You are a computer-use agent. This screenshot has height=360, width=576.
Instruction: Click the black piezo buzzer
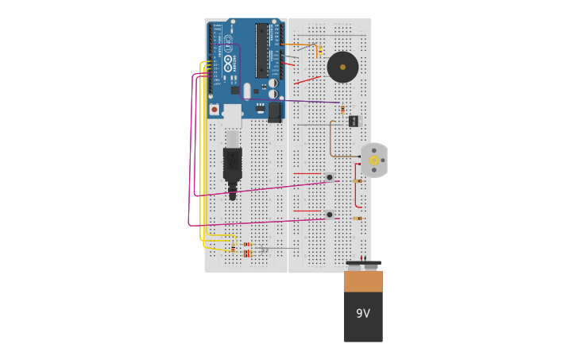pyautogui.click(x=342, y=68)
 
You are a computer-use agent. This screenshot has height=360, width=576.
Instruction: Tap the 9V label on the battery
pyautogui.click(x=363, y=314)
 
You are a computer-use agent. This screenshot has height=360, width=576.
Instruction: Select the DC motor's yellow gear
pyautogui.click(x=374, y=161)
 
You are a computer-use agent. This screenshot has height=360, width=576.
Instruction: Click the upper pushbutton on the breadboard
pyautogui.click(x=329, y=177)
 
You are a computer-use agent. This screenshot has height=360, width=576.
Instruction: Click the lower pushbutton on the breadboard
pyautogui.click(x=329, y=215)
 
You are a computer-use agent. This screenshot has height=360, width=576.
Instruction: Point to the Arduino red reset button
pyautogui.click(x=214, y=109)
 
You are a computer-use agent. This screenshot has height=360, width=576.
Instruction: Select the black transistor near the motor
pyautogui.click(x=354, y=121)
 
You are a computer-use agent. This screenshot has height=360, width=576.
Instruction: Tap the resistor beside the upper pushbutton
pyautogui.click(x=358, y=181)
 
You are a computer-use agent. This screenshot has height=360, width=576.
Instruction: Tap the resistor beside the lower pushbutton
pyautogui.click(x=358, y=219)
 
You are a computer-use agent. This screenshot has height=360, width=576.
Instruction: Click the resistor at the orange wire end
pyautogui.click(x=319, y=52)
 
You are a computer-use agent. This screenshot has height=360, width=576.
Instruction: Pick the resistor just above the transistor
pyautogui.click(x=342, y=110)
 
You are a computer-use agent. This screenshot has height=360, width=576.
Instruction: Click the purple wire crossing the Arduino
pyautogui.click(x=310, y=102)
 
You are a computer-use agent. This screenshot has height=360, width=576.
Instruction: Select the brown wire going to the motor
pyautogui.click(x=331, y=143)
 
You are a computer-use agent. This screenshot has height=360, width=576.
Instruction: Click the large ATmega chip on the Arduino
pyautogui.click(x=261, y=49)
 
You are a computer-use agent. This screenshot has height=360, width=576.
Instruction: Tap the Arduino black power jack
pyautogui.click(x=275, y=112)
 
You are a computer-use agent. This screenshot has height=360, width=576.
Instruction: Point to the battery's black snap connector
pyautogui.click(x=363, y=264)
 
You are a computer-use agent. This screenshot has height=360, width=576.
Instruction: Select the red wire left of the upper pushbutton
pyautogui.click(x=307, y=173)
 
